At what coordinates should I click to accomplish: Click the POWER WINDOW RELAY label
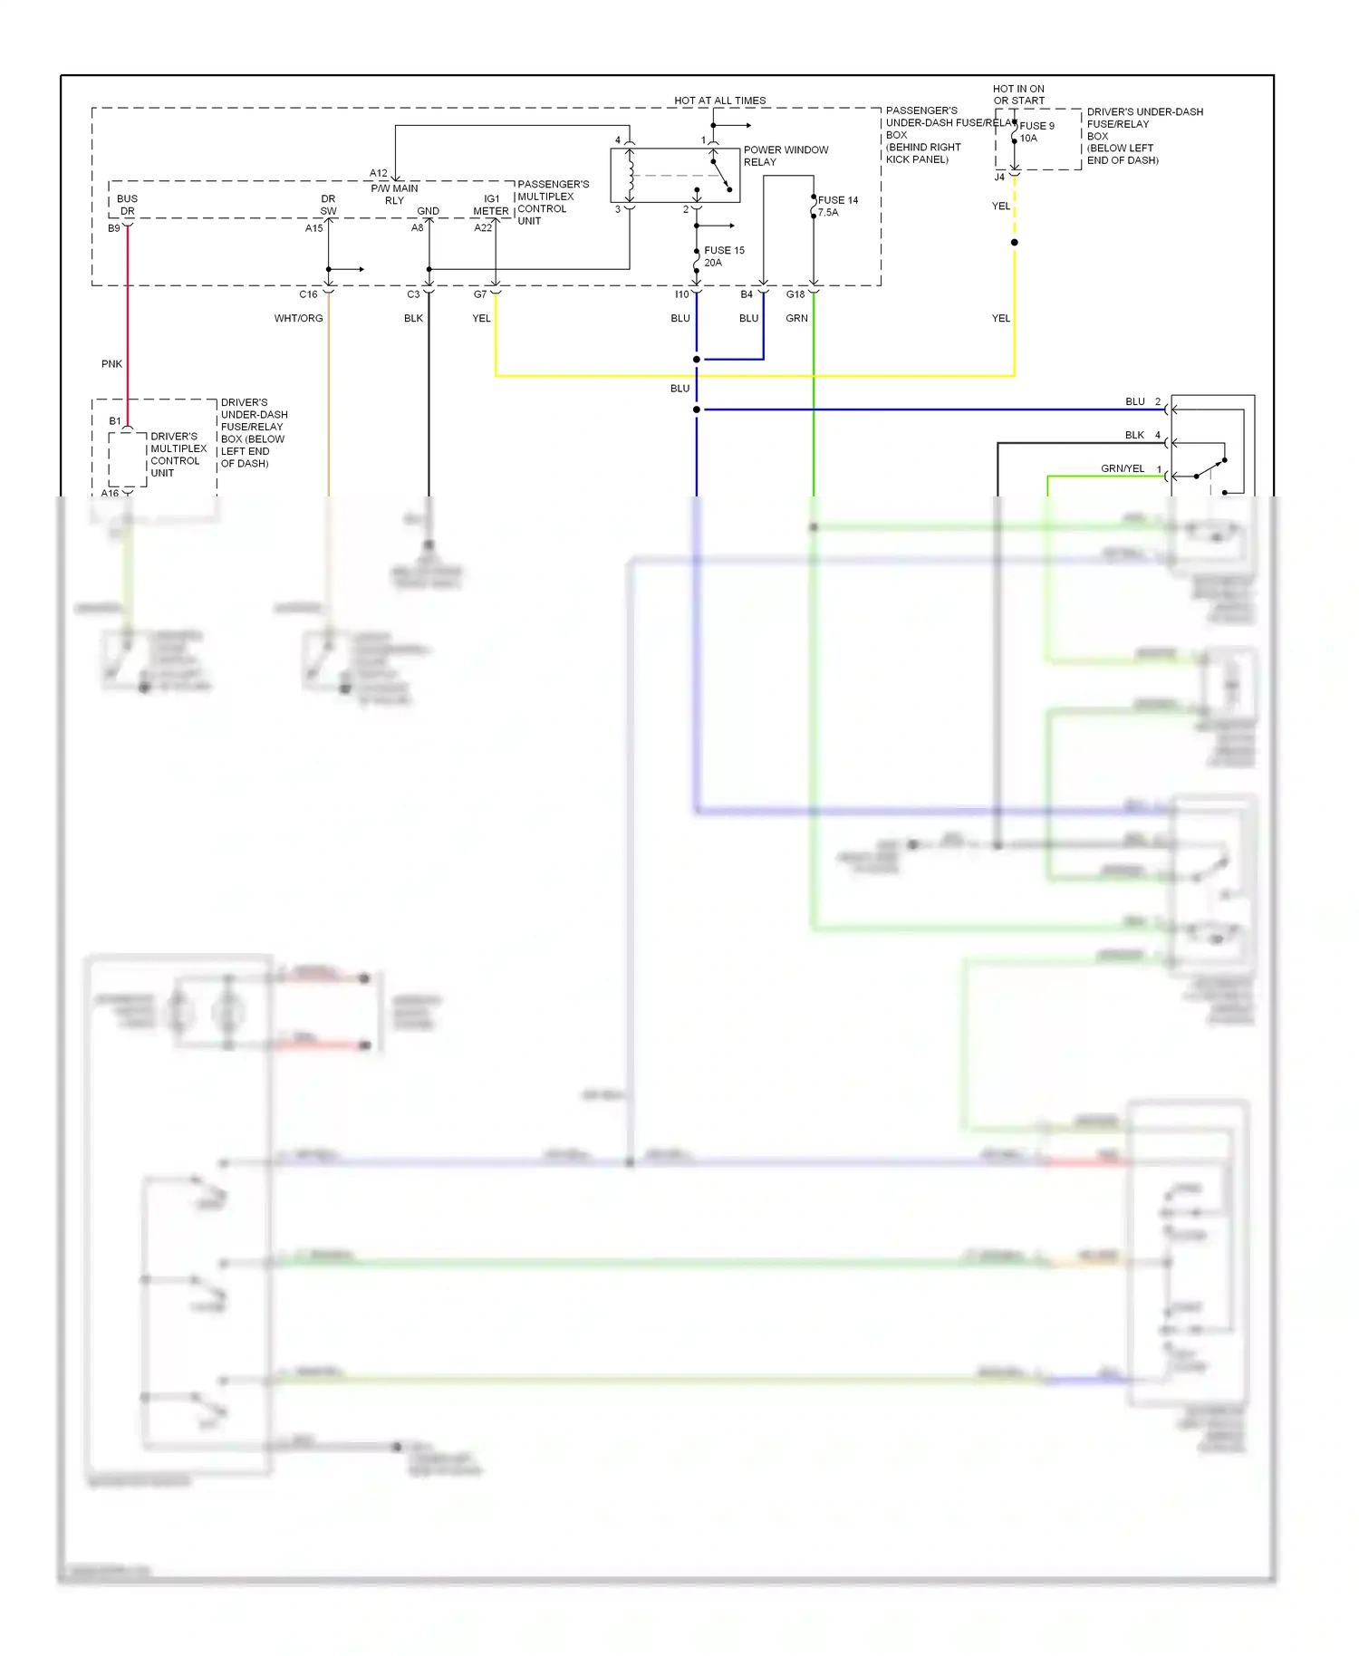coord(786,156)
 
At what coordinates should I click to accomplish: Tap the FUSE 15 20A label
coord(723,256)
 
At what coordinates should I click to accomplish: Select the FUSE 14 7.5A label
coord(836,206)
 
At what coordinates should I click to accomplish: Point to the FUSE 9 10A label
coord(1036,132)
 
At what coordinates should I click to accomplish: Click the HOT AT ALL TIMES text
coord(719,101)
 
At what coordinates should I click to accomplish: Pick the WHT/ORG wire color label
coord(298,318)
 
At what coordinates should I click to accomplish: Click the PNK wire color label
coord(111,364)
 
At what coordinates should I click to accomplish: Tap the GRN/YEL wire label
coord(1122,468)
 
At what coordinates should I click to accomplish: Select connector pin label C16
coord(308,294)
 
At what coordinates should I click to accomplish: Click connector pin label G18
coord(795,294)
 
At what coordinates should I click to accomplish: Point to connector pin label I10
coord(681,294)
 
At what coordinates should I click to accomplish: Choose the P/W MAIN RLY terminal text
coord(394,194)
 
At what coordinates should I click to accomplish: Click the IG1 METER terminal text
coord(491,205)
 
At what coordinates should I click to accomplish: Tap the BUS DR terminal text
coord(127,205)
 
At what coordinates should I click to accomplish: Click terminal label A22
coord(483,228)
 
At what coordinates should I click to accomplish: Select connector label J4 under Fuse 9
coord(999,178)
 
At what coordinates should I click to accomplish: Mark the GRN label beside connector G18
coord(796,318)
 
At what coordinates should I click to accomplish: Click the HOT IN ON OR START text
coord(1018,94)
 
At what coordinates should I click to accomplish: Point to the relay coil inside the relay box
coord(631,176)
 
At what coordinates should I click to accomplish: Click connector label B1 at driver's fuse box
coord(115,421)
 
